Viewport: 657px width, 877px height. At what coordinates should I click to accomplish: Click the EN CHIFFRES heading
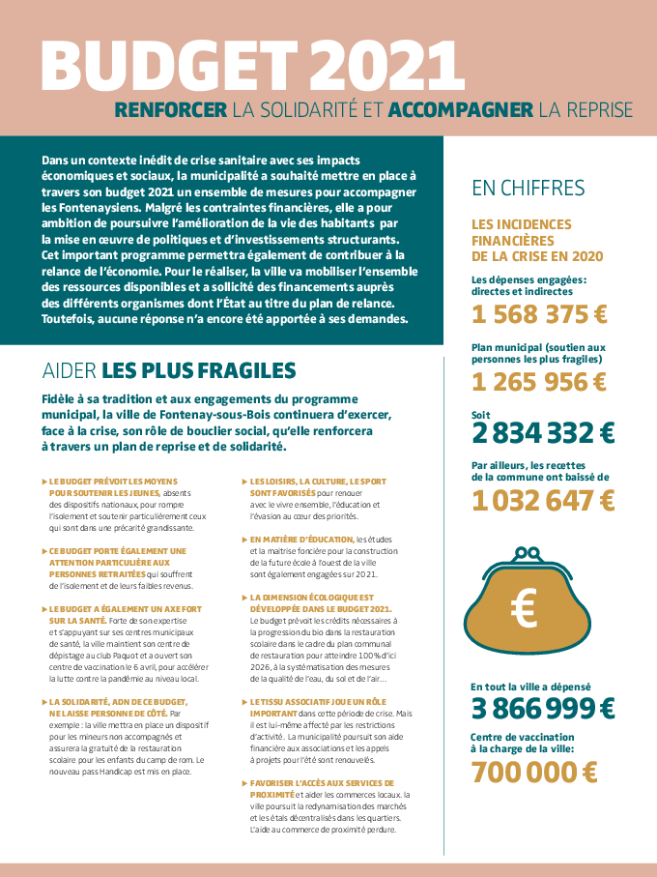pos(528,187)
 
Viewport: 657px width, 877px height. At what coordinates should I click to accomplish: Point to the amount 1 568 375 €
pos(539,314)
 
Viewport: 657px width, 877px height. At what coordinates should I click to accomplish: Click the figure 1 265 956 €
pos(539,381)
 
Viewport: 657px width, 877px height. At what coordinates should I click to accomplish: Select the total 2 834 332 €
pos(543,432)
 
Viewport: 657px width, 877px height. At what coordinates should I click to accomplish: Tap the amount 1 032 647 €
pos(543,500)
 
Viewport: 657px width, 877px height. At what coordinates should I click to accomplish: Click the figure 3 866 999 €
pos(543,708)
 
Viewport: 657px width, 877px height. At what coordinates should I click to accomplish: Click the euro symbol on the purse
pos(527,609)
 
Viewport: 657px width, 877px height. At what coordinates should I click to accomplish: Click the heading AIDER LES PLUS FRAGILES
pos(169,370)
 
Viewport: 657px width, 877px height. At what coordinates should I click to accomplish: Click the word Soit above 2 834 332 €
pos(480,414)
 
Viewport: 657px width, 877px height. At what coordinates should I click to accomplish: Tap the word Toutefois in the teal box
pos(70,319)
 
